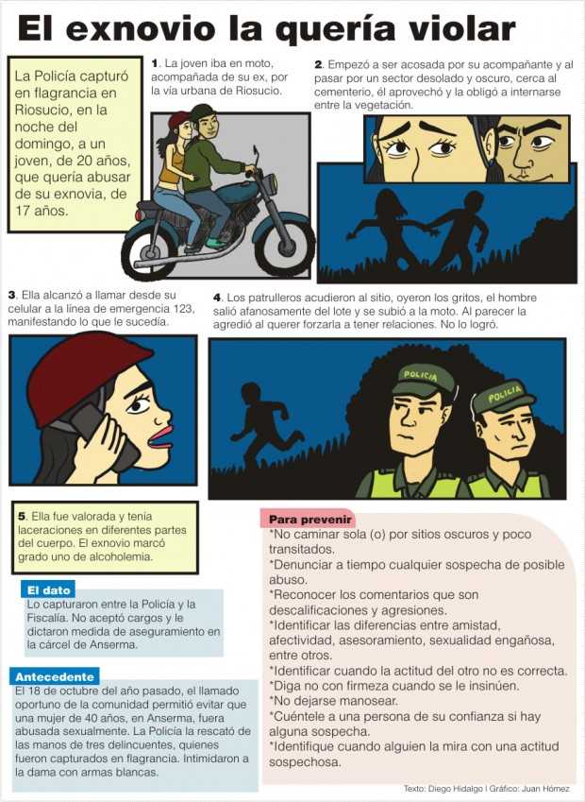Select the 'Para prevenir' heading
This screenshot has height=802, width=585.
(310, 520)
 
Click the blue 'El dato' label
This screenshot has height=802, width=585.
(48, 590)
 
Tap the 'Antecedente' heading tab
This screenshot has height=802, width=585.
(55, 676)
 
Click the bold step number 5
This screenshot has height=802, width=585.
(22, 516)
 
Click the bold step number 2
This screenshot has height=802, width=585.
(318, 65)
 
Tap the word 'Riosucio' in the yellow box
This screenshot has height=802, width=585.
(35, 110)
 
